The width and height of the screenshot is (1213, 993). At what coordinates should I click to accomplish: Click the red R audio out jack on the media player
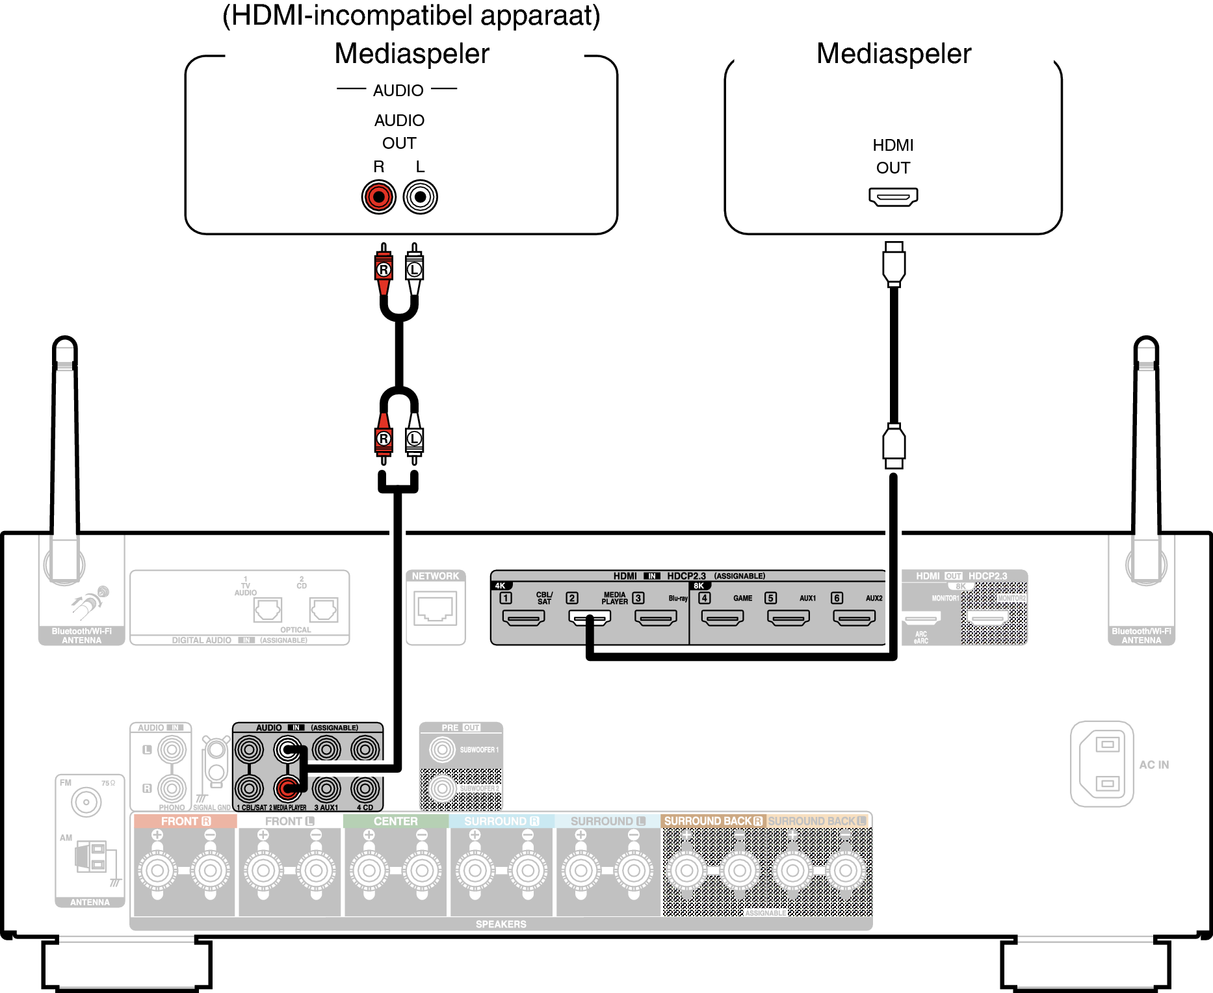[x=378, y=196]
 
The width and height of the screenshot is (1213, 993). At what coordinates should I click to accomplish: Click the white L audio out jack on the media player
[x=421, y=196]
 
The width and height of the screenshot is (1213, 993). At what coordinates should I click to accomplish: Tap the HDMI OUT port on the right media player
[x=893, y=196]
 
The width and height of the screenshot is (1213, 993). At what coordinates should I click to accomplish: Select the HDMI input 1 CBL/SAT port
[x=523, y=617]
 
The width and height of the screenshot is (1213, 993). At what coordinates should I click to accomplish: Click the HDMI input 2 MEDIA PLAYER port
[x=589, y=617]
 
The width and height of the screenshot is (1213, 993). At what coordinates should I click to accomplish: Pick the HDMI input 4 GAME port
[x=722, y=617]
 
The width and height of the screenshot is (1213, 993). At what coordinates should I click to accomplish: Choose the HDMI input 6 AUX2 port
[x=854, y=617]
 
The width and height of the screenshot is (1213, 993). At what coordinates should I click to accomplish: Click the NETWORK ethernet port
[x=436, y=610]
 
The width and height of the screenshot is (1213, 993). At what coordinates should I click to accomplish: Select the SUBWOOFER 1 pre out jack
[x=443, y=749]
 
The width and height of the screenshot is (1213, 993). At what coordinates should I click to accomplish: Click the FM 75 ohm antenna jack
[x=86, y=802]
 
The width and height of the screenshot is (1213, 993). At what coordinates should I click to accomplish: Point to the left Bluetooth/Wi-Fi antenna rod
[x=65, y=455]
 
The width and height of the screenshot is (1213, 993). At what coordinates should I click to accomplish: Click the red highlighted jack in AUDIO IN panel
[x=287, y=788]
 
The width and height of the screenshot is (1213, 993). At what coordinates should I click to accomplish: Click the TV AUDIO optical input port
[x=267, y=610]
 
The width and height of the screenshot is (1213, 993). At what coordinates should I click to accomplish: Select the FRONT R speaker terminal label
[x=185, y=821]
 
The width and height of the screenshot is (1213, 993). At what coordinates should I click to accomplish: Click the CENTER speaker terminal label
[x=395, y=821]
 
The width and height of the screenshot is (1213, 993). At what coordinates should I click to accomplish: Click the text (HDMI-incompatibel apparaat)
[x=411, y=16]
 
